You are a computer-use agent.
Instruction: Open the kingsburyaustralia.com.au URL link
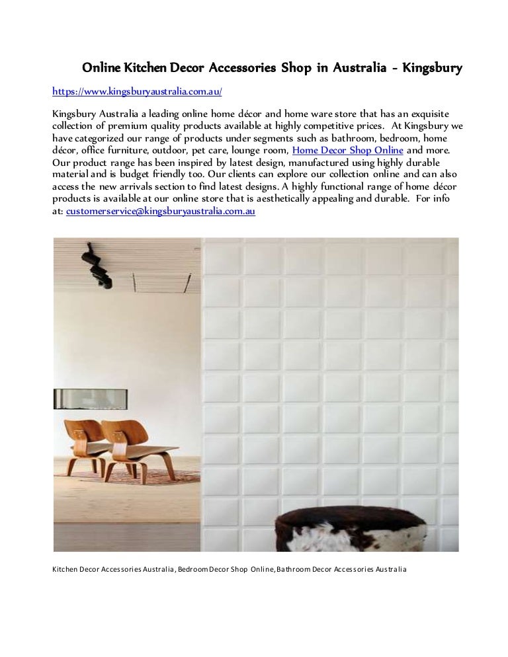click(137, 91)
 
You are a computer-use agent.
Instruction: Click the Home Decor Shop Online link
click(347, 150)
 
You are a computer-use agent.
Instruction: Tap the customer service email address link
click(161, 211)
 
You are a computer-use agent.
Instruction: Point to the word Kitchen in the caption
click(65, 569)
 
